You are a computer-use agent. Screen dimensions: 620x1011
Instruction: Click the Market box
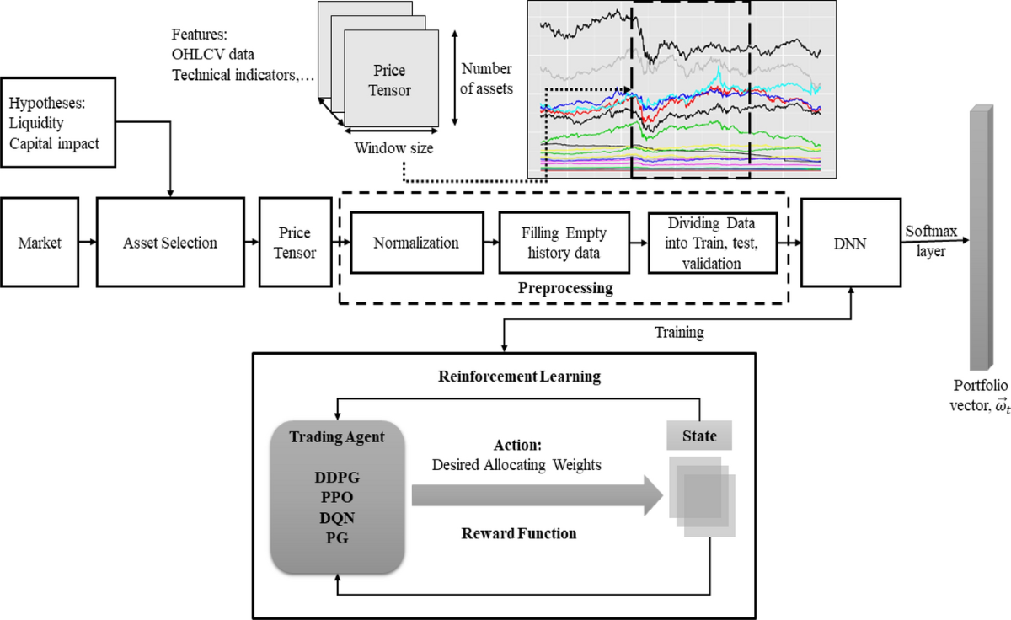click(x=35, y=243)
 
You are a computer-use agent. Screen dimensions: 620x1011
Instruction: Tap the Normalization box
click(x=416, y=243)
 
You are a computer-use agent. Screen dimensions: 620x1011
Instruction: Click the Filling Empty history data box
click(x=553, y=243)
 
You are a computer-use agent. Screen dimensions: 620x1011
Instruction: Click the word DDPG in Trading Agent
click(x=337, y=477)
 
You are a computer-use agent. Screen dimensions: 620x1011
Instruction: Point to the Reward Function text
click(x=518, y=533)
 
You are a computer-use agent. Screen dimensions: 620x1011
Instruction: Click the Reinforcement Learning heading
click(x=519, y=376)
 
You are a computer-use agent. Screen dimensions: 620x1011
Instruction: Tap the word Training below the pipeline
click(x=679, y=332)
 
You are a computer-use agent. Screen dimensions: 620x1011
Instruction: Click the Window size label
click(x=393, y=149)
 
